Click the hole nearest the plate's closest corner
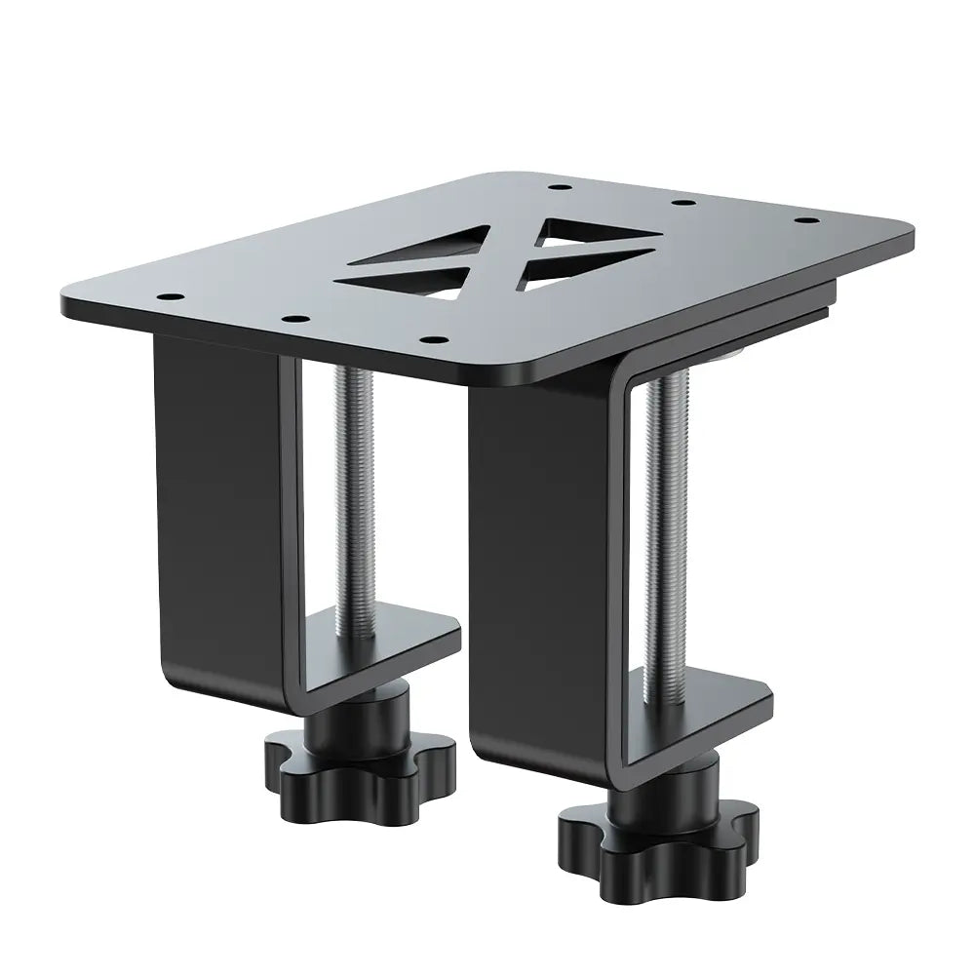(432, 339)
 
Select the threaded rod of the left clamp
(353, 497)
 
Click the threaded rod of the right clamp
(662, 526)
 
